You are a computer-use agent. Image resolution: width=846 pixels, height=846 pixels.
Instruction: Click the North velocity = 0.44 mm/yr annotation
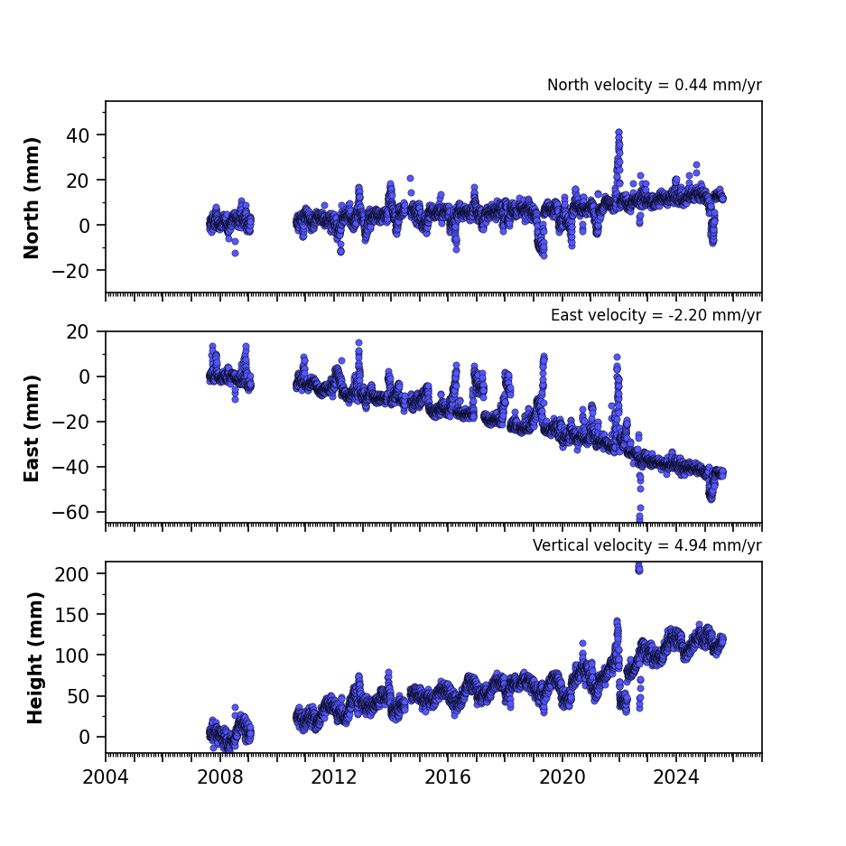coord(655,85)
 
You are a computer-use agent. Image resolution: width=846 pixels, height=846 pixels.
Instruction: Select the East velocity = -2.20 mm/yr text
coord(656,315)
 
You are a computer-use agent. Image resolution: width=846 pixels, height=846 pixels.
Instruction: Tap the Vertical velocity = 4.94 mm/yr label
coord(646,545)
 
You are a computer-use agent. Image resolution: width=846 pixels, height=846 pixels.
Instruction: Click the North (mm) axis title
coord(32,198)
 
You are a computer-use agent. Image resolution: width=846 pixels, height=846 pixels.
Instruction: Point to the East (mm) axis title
coord(32,428)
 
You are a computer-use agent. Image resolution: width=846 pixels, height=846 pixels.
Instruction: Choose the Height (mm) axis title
coord(34,657)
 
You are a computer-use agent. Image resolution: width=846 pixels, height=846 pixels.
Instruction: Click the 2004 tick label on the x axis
coord(106,777)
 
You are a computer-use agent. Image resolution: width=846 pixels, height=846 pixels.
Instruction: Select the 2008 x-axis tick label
coord(220,777)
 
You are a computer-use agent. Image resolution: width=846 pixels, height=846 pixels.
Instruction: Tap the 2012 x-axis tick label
coord(334,777)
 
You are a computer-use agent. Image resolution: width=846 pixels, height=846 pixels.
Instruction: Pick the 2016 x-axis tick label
coord(448,777)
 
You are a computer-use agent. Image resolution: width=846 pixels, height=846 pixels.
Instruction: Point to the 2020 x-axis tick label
coord(562,777)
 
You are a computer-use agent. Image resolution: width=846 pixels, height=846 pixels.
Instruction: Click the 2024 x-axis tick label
coord(676,777)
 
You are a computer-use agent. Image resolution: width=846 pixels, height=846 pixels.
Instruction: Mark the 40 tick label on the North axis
coord(78,135)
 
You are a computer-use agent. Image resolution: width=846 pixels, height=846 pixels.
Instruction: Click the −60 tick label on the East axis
coord(70,512)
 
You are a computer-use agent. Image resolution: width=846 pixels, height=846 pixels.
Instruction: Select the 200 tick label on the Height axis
coord(71,574)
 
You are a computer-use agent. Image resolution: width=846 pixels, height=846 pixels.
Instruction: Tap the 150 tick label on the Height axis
coord(71,615)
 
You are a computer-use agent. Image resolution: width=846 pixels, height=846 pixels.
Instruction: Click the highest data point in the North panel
coord(618,133)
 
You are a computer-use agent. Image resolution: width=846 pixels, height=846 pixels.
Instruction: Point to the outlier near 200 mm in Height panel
coord(639,569)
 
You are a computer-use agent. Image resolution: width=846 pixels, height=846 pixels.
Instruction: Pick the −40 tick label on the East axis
coord(70,468)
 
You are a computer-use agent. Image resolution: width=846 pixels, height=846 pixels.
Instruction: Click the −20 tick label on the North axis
coord(70,271)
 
